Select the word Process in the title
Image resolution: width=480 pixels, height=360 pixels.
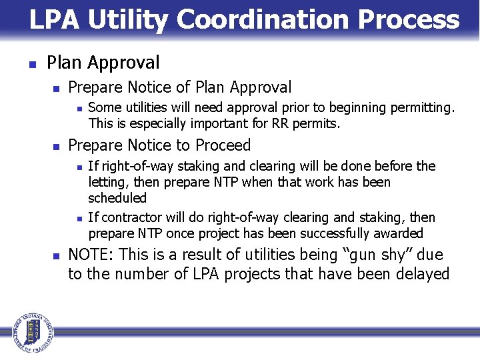tap(408, 20)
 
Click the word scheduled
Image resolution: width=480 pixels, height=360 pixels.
tap(117, 198)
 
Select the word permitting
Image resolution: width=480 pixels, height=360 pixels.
tap(423, 107)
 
